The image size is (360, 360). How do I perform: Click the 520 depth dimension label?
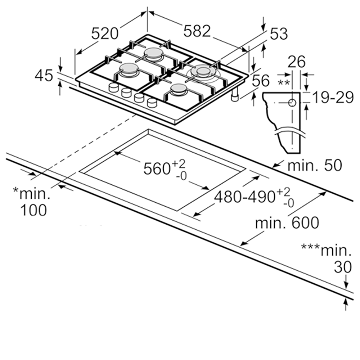click(105, 33)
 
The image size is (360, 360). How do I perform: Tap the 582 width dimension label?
click(197, 31)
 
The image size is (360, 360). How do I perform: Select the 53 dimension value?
click(279, 34)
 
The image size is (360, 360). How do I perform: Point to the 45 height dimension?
click(44, 76)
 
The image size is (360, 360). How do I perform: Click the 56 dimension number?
click(261, 81)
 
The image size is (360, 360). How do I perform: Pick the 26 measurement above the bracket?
click(297, 62)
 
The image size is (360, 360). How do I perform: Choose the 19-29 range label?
click(333, 97)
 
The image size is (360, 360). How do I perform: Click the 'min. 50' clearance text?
click(315, 165)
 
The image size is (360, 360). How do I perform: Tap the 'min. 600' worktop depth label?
click(287, 222)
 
